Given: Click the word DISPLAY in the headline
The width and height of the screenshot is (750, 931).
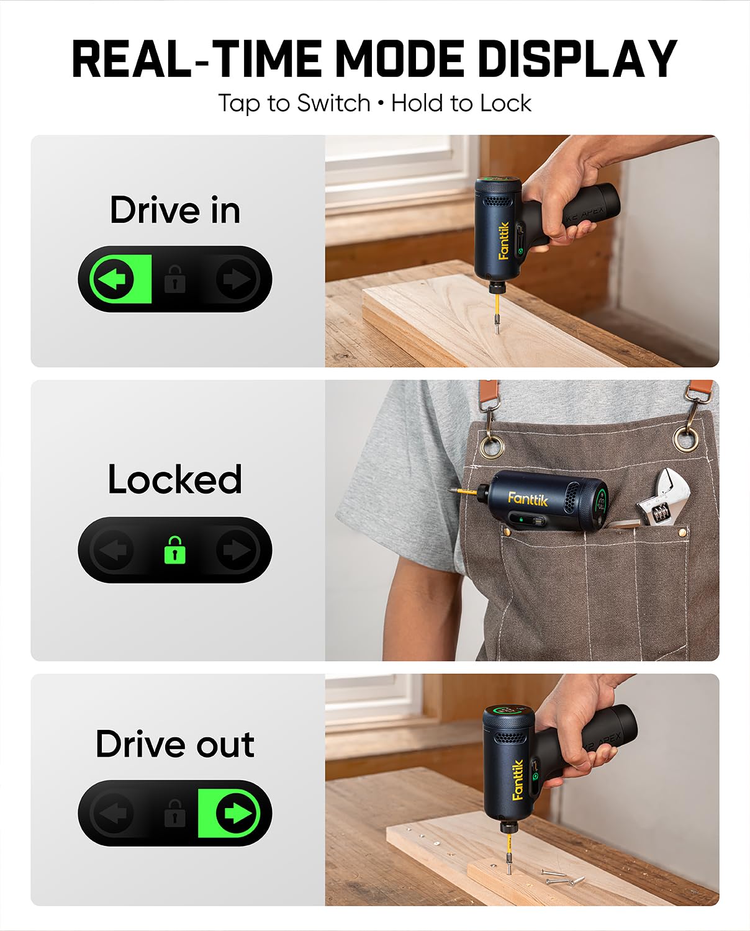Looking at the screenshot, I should pos(577,59).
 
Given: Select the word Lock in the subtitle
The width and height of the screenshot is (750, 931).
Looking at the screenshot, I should pos(506,103).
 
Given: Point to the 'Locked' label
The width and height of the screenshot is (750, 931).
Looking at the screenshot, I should pos(175,479).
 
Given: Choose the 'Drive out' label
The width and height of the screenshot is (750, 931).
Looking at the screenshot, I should pos(175,744).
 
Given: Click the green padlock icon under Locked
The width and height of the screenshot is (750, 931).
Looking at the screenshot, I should pos(174,550).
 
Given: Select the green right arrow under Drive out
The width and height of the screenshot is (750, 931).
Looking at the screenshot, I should pos(237,813).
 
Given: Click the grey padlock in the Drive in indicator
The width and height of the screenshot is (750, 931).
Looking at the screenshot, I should pos(174,280).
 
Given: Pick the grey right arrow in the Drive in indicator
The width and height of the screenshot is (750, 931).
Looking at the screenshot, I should pos(237,279).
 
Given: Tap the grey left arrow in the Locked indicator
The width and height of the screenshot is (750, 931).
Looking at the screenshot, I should pos(113,550).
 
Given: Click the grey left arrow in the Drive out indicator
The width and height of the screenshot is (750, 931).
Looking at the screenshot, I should pos(113,813).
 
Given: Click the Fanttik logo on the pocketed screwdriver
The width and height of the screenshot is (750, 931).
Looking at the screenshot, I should pos(528,498).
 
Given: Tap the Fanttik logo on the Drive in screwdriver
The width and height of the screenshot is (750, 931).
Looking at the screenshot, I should pos(504,240).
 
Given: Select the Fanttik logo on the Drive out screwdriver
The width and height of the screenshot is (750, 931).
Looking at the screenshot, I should pos(517,780).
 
